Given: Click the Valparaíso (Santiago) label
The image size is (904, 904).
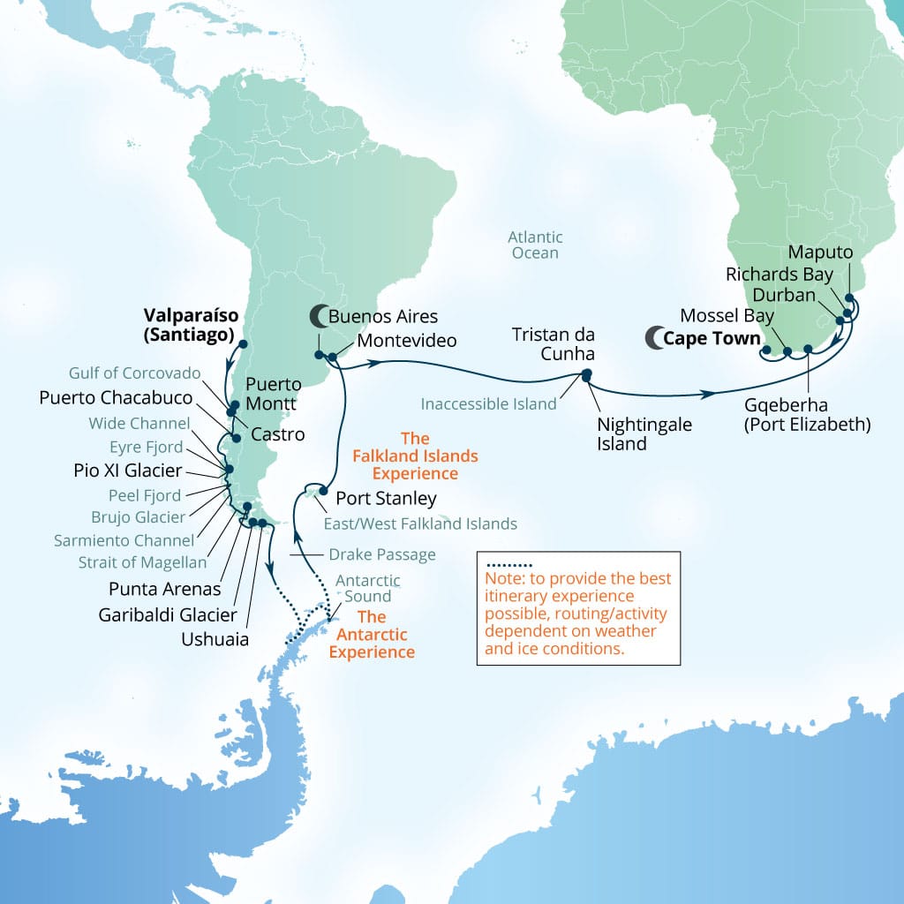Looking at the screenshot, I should [189, 324].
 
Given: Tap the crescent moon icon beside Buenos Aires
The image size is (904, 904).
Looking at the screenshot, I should [317, 315].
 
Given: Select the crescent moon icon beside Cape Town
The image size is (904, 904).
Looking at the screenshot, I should [653, 336].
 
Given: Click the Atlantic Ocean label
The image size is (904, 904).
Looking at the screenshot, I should [534, 245].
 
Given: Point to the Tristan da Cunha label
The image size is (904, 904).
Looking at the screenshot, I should [554, 344].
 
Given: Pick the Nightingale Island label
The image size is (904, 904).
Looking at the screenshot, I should [644, 434].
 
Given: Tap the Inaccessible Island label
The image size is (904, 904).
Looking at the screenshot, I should [489, 404].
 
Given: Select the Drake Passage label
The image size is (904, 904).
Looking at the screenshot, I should [382, 554].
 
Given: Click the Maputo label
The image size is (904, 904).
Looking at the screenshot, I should [820, 252].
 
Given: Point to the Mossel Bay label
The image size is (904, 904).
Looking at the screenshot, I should [727, 315].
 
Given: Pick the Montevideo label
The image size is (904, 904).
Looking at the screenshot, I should [407, 340].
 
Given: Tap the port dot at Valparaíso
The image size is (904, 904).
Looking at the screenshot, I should [243, 344].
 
